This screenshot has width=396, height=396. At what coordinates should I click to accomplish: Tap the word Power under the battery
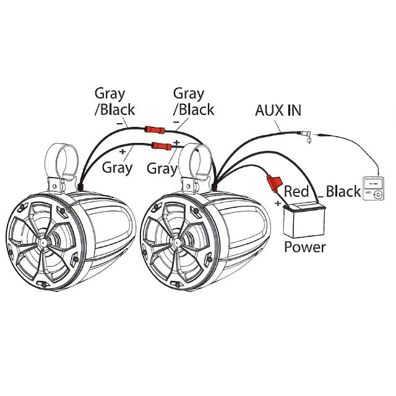304,247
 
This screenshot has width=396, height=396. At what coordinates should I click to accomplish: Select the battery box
303,219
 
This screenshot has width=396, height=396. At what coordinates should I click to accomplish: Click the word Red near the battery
296,192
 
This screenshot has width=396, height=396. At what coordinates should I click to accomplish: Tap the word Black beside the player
343,191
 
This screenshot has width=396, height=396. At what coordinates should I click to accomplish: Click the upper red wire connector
153,131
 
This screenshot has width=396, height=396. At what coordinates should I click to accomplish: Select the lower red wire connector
162,146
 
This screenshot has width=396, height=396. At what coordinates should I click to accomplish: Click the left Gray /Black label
110,101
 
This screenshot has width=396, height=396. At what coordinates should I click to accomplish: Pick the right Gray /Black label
192,101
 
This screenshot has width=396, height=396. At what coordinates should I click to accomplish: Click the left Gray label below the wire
118,166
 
